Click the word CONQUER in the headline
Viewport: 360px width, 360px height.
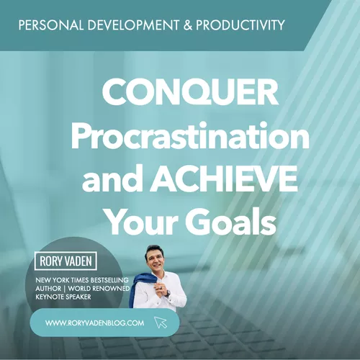click(190, 92)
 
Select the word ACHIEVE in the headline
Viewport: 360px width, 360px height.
click(225, 179)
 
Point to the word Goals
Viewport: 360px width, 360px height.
click(230, 222)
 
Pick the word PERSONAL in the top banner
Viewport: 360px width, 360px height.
click(51, 25)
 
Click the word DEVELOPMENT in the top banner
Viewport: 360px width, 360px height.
click(133, 25)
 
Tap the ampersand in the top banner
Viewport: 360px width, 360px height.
click(188, 25)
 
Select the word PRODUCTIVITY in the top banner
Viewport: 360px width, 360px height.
click(240, 25)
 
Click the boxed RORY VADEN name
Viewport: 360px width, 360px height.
click(66, 261)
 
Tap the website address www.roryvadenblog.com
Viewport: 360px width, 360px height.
click(94, 323)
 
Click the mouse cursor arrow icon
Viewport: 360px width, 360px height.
click(161, 323)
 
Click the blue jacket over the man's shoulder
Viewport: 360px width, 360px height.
click(138, 289)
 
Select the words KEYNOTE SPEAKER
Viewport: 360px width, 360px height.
click(63, 297)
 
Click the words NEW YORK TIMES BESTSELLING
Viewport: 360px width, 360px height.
click(82, 280)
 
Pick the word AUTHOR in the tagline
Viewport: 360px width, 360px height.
click(48, 289)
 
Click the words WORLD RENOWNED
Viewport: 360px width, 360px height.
click(99, 289)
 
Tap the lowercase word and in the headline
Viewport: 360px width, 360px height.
click(114, 179)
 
